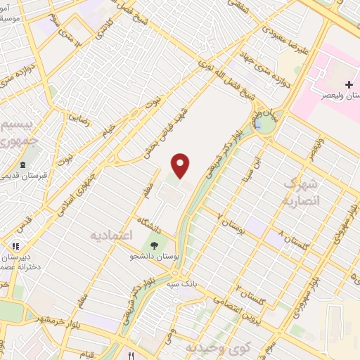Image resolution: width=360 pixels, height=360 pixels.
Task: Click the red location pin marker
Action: (181, 165)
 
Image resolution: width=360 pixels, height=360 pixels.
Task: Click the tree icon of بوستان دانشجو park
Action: (152, 245)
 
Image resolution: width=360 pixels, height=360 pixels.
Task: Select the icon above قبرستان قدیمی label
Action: (23, 165)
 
